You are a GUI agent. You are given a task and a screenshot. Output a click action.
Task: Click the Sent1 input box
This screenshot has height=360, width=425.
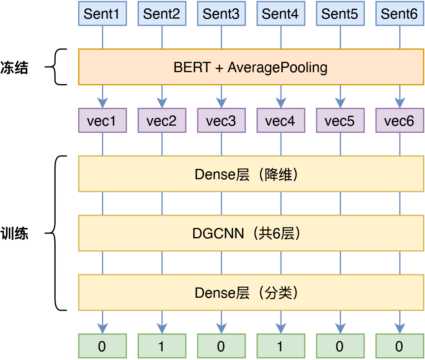pyautogui.click(x=102, y=14)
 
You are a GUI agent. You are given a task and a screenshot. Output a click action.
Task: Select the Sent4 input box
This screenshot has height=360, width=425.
pyautogui.click(x=281, y=14)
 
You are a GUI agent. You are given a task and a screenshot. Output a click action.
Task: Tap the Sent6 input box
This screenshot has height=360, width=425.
pyautogui.click(x=399, y=14)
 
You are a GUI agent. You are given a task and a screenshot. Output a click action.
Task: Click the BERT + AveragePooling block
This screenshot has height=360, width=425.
pyautogui.click(x=251, y=67)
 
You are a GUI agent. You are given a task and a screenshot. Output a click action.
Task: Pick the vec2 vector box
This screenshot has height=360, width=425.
pyautogui.click(x=162, y=121)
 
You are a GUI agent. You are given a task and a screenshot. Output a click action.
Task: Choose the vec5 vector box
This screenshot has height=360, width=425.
pyautogui.click(x=340, y=121)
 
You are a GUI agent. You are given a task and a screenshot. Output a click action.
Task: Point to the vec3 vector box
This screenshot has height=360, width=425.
pyautogui.click(x=221, y=121)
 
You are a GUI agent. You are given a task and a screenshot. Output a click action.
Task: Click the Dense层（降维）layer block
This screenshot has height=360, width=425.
pyautogui.click(x=251, y=174)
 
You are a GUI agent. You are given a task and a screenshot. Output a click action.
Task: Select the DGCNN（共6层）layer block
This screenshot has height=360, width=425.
pyautogui.click(x=251, y=233)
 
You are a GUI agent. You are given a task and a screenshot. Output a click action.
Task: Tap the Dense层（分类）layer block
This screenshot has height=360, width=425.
pyautogui.click(x=251, y=293)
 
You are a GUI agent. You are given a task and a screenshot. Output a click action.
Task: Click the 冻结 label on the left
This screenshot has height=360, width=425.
pyautogui.click(x=14, y=67)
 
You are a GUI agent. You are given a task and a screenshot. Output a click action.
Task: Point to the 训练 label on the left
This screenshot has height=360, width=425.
pyautogui.click(x=14, y=233)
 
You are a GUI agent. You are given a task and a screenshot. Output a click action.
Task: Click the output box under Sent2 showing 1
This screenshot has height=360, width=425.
pyautogui.click(x=162, y=346)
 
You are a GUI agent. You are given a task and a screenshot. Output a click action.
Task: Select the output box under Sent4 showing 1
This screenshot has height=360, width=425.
pyautogui.click(x=281, y=346)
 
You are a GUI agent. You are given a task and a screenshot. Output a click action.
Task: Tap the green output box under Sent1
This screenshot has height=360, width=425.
pyautogui.click(x=102, y=346)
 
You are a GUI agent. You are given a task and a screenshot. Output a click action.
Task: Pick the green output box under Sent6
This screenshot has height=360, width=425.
pyautogui.click(x=399, y=346)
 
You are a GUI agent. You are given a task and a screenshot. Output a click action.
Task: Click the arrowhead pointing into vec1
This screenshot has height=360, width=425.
pyautogui.click(x=102, y=103)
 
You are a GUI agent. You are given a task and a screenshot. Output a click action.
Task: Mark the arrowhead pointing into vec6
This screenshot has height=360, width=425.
pyautogui.click(x=399, y=103)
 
